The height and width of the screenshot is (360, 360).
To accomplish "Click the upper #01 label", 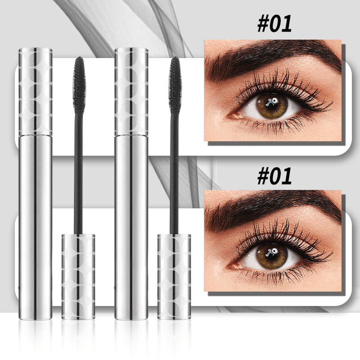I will (x=274, y=24).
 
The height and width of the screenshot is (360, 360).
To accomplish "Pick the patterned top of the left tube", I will (x=36, y=90).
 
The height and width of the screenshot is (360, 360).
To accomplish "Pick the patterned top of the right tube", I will (x=131, y=90).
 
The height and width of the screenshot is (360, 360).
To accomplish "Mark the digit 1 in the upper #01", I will (x=287, y=24).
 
